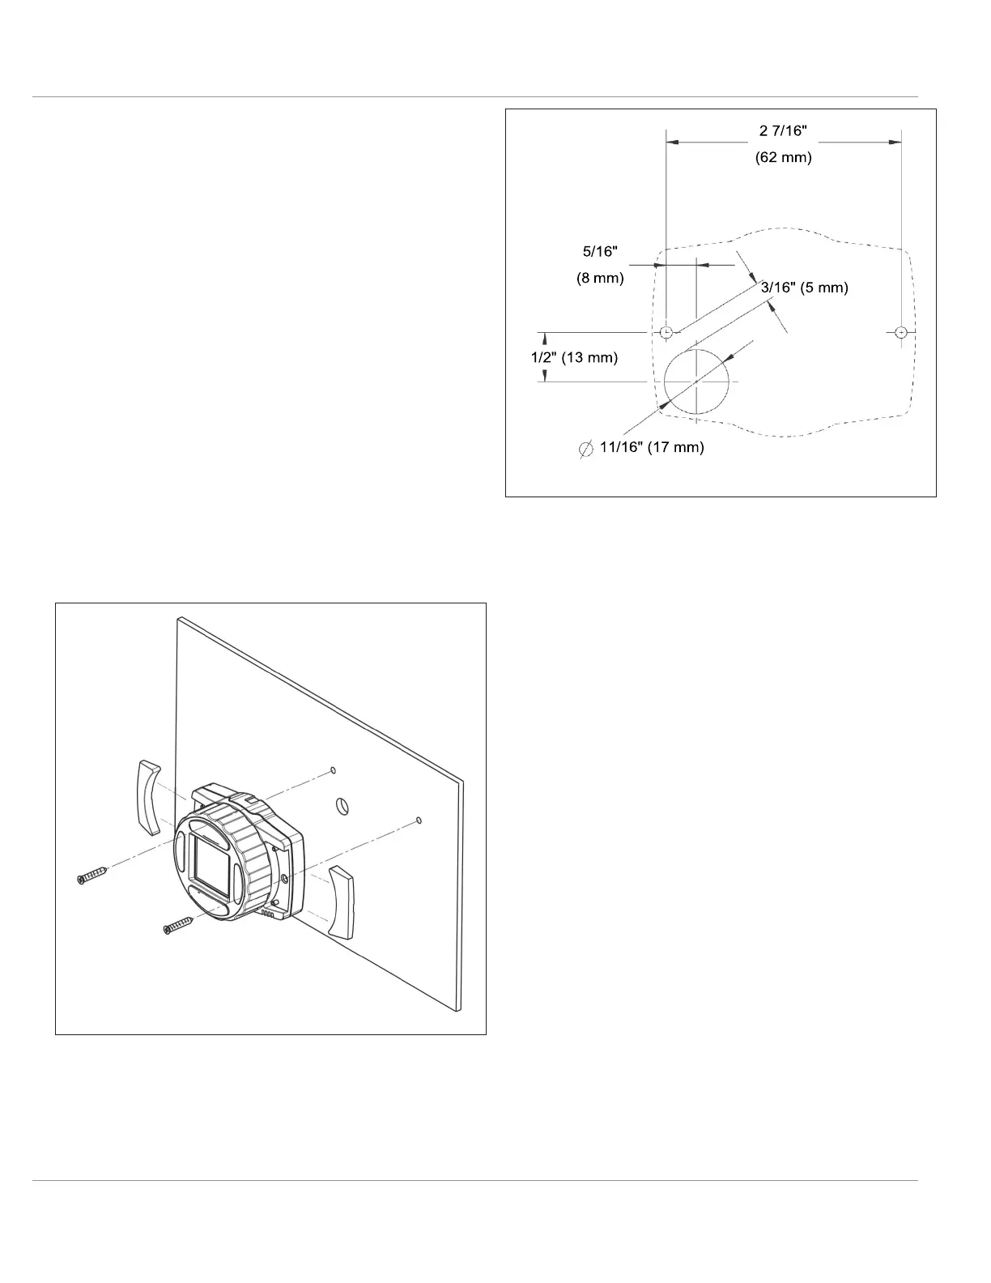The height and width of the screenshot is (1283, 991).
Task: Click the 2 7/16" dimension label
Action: (783, 131)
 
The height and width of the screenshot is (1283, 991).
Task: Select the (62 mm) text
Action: (783, 157)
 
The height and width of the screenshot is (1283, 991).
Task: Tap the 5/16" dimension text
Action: (600, 252)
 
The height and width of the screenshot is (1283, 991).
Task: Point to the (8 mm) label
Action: (600, 278)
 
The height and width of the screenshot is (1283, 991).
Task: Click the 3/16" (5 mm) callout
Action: (804, 288)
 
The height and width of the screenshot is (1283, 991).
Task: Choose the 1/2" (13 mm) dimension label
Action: (574, 357)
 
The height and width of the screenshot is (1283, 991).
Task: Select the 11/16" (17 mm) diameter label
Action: (652, 447)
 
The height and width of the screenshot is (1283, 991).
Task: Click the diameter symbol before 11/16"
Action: (586, 449)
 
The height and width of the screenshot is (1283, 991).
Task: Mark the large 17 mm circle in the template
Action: (696, 381)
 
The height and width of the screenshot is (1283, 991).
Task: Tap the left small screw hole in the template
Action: (666, 332)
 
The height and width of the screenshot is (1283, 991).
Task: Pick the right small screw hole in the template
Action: (901, 332)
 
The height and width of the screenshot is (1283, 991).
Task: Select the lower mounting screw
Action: (179, 924)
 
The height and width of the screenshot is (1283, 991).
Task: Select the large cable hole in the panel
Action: (342, 805)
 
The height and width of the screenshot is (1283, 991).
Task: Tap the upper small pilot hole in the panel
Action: (333, 769)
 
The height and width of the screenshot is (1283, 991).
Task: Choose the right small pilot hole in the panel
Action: (418, 821)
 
